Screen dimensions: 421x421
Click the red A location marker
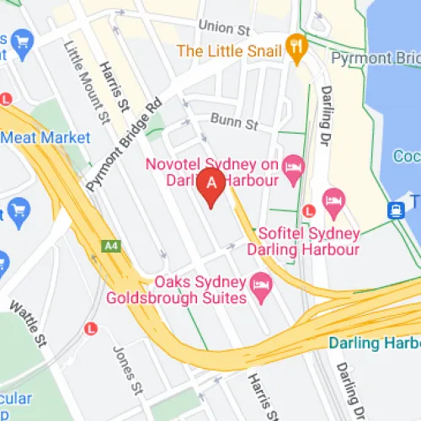(211, 184)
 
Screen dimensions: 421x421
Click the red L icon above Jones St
(91, 328)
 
